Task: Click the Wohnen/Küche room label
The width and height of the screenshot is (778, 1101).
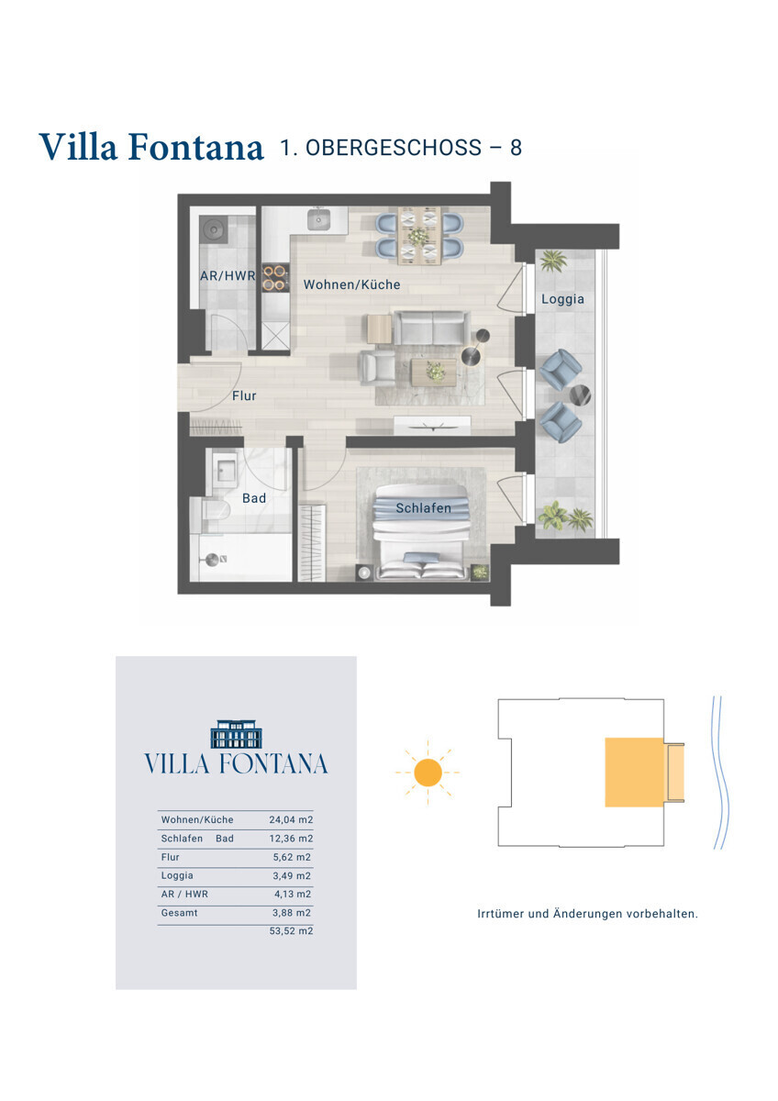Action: pyautogui.click(x=351, y=284)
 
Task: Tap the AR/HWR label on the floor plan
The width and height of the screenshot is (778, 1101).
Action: pyautogui.click(x=228, y=276)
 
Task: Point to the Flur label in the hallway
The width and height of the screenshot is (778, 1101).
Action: pyautogui.click(x=244, y=395)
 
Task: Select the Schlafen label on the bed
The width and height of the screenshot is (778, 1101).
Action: pyautogui.click(x=424, y=507)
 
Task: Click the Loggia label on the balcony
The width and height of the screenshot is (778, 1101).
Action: pyautogui.click(x=562, y=299)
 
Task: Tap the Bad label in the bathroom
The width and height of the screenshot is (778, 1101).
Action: pyautogui.click(x=254, y=498)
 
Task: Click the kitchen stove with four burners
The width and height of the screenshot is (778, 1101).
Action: pyautogui.click(x=275, y=278)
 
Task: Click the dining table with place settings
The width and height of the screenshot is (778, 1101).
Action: pyautogui.click(x=418, y=236)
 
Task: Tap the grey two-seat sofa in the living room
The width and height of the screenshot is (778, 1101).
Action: pyautogui.click(x=430, y=328)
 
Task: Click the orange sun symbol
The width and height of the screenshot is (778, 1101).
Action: pyautogui.click(x=428, y=773)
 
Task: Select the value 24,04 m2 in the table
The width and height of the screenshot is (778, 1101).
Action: pyautogui.click(x=291, y=819)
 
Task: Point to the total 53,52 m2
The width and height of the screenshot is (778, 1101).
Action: pyautogui.click(x=291, y=930)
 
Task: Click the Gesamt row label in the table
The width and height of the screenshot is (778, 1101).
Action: pyautogui.click(x=180, y=912)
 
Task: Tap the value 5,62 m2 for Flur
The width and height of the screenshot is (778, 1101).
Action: pyautogui.click(x=292, y=857)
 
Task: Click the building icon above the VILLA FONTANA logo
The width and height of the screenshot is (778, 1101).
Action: pyautogui.click(x=236, y=734)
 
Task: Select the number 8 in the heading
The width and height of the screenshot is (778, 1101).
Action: pyautogui.click(x=516, y=148)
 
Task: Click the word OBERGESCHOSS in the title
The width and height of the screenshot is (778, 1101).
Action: pyautogui.click(x=394, y=148)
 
